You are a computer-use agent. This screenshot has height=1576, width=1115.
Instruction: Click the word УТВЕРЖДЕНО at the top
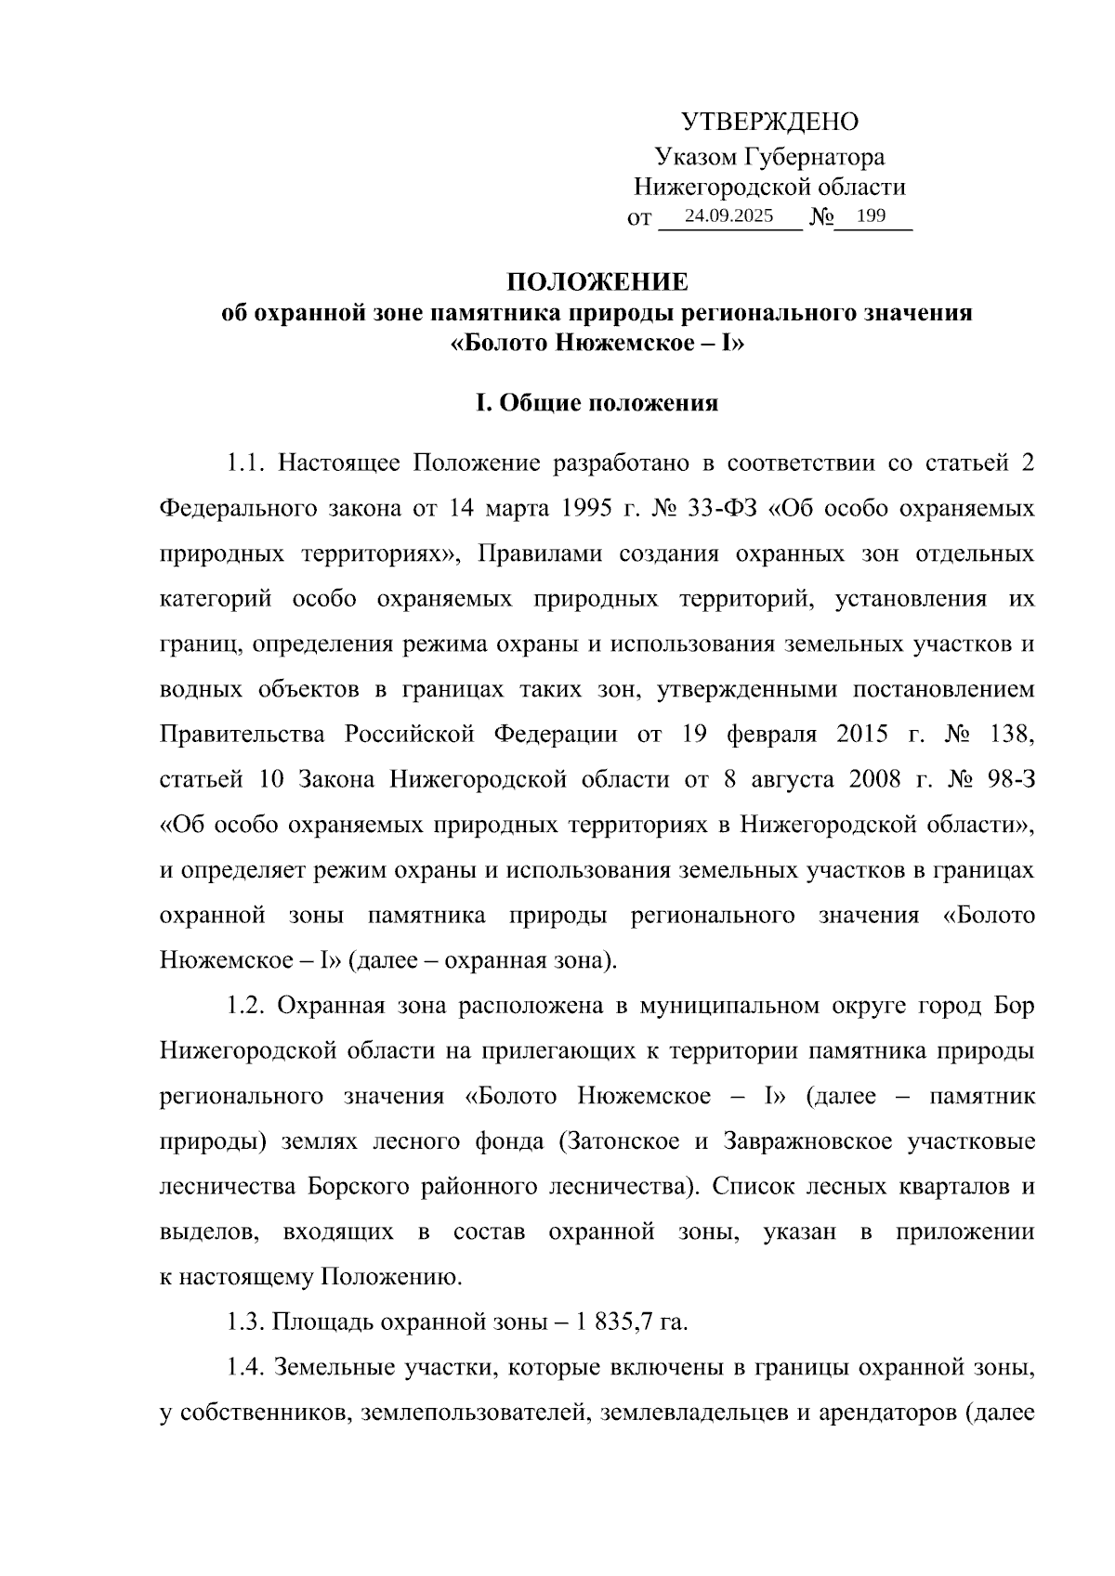tap(770, 122)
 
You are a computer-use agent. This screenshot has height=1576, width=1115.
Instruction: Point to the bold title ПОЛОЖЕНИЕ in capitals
tap(597, 281)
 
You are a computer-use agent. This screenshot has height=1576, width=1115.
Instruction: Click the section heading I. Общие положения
tap(597, 403)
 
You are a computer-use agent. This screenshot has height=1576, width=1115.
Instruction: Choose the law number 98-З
tap(1009, 779)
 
